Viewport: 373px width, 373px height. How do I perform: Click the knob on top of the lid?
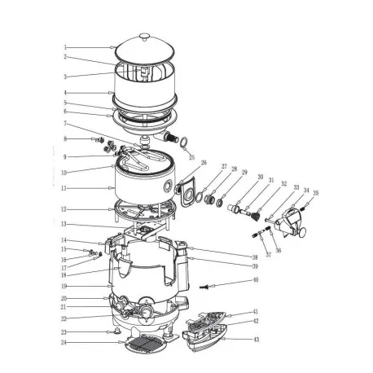(x=146, y=35)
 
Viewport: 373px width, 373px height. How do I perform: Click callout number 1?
(x=66, y=47)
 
